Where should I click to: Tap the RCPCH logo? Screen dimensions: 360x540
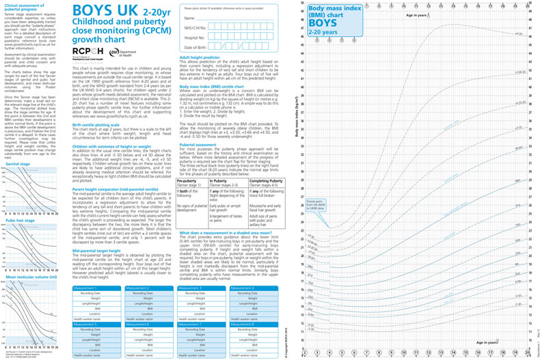[x=90, y=51]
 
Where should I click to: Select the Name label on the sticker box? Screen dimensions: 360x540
[x=191, y=17]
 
